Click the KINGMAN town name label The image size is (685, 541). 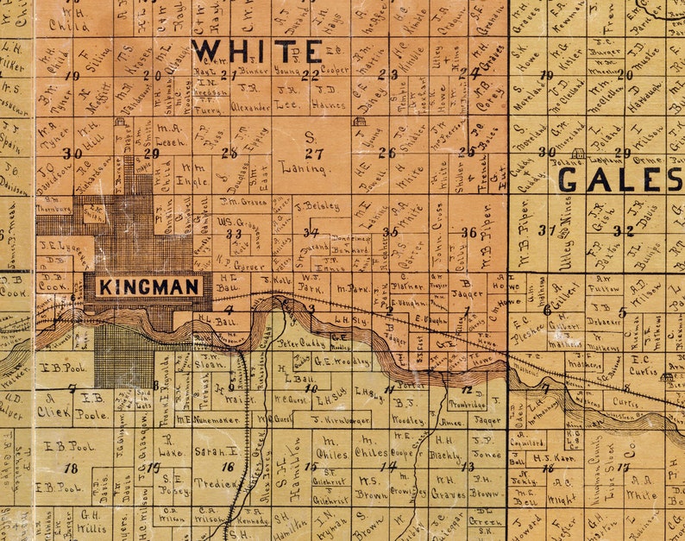(x=150, y=286)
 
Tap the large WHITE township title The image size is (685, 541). (x=258, y=52)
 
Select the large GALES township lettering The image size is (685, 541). (x=619, y=179)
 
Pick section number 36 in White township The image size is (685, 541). (x=468, y=232)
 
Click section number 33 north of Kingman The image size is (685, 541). (x=234, y=233)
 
